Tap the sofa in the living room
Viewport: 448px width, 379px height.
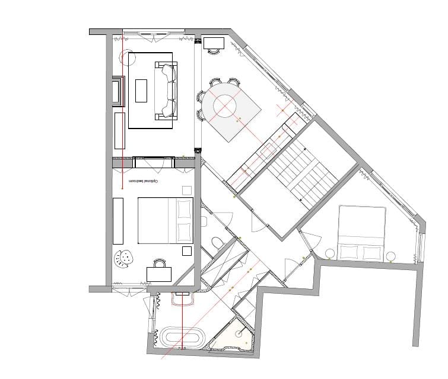(x=167, y=91)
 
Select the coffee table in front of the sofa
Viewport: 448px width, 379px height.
(x=141, y=91)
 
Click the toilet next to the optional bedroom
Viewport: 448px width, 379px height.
(x=217, y=241)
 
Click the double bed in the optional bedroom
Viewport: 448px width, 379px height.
(x=166, y=221)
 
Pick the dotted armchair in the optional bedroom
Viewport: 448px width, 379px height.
(x=125, y=258)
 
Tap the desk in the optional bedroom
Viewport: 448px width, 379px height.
(x=159, y=274)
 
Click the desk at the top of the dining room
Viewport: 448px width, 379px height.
(x=214, y=42)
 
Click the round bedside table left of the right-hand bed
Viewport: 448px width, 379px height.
(x=329, y=254)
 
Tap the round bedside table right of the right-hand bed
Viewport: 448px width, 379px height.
(x=390, y=256)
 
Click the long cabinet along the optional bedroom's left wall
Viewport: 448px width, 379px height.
(x=118, y=220)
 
